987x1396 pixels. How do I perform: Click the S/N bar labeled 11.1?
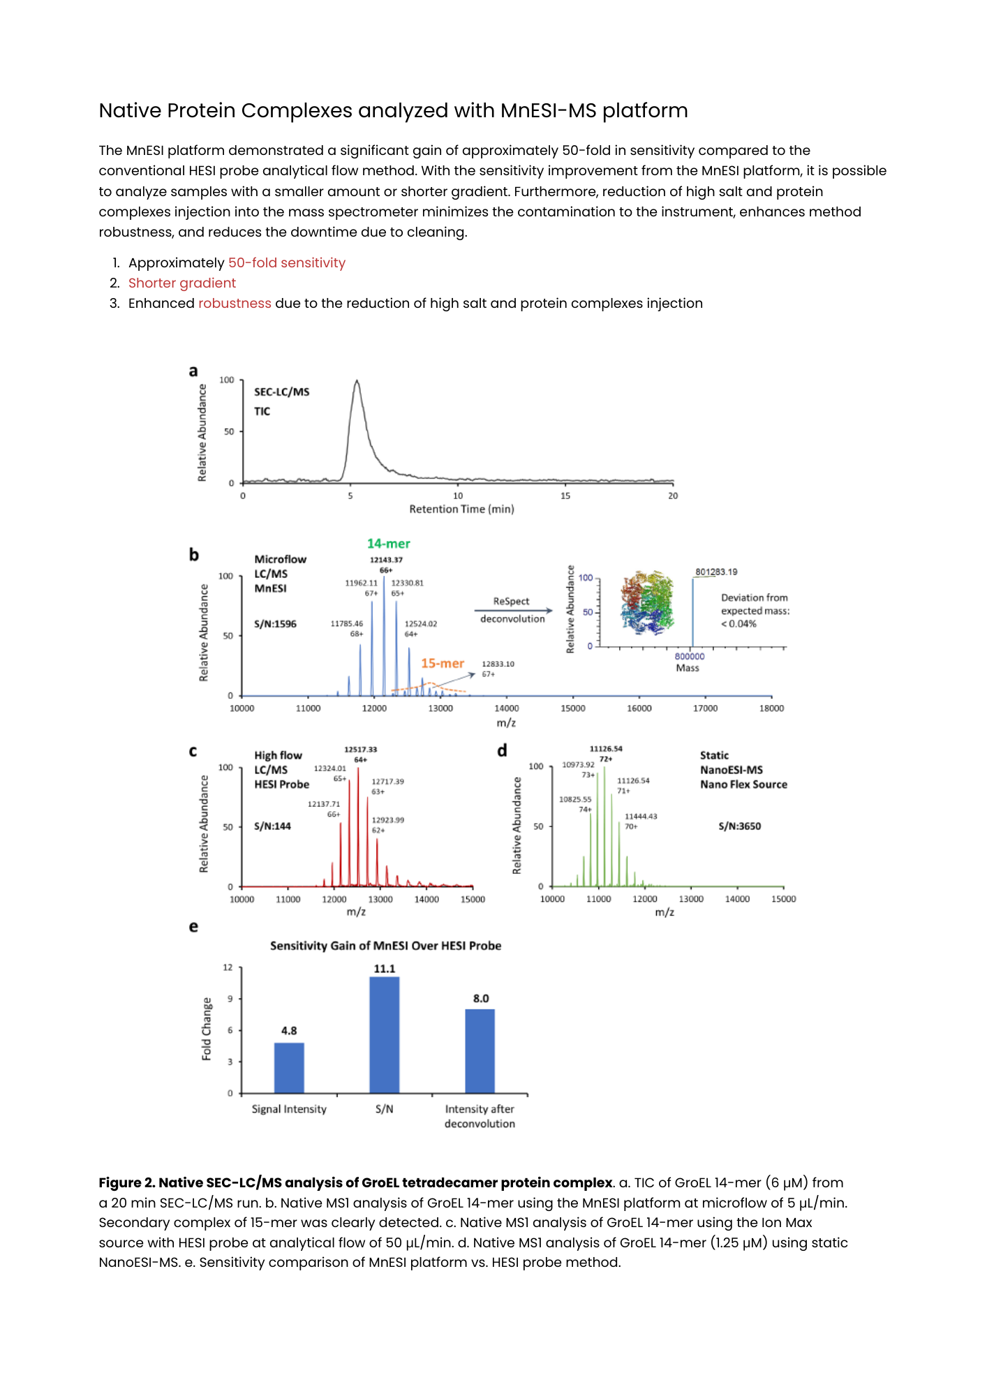[385, 1034]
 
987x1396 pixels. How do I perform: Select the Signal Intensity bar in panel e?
[289, 1067]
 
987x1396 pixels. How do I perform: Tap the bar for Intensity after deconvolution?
[480, 1050]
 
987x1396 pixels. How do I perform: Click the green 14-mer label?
[389, 544]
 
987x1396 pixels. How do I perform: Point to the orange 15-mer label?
[443, 663]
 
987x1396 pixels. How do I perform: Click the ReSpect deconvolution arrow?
[513, 611]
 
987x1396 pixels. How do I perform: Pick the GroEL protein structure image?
[647, 602]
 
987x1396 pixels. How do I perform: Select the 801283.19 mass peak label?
[716, 572]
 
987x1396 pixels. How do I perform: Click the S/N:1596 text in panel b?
[275, 624]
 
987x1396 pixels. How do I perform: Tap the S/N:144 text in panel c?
[272, 826]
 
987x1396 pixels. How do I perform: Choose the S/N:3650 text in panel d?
[740, 826]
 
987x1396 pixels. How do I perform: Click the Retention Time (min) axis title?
[461, 510]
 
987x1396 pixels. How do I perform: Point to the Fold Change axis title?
[207, 1029]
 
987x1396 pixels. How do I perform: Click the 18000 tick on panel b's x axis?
[771, 708]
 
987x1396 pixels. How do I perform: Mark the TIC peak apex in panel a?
[357, 382]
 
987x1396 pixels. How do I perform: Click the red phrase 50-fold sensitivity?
[287, 263]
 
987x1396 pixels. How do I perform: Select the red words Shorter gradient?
[182, 283]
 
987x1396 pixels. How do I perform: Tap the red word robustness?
[235, 304]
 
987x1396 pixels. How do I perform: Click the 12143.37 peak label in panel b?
[386, 560]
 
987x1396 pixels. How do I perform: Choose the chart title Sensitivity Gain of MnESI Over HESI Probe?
[385, 946]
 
